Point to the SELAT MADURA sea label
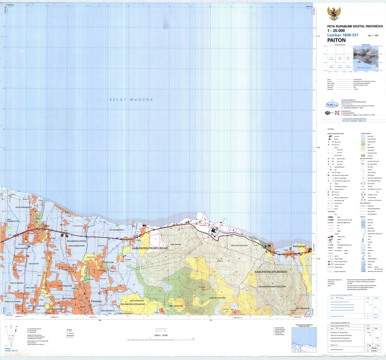131,99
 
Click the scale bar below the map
161,339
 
